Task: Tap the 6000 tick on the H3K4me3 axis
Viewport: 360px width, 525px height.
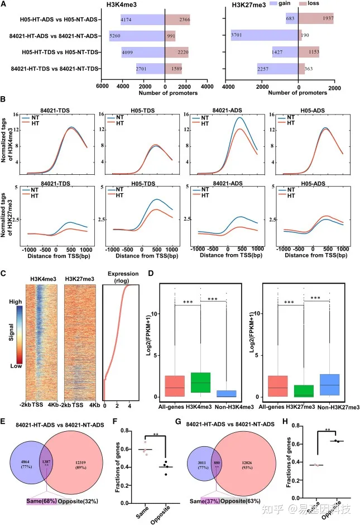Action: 102,86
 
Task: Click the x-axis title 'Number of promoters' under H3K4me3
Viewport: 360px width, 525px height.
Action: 165,94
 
